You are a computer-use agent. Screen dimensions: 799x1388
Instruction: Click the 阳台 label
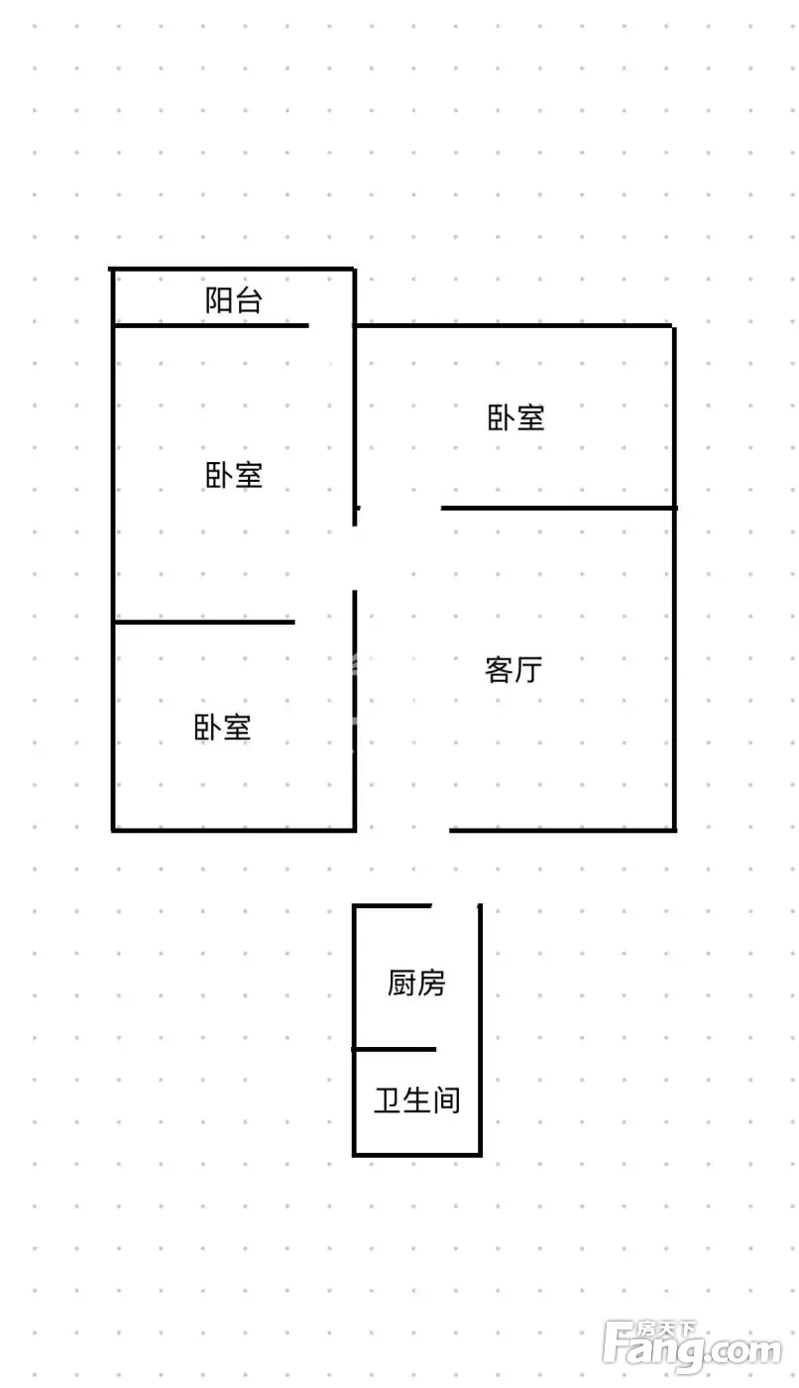234,300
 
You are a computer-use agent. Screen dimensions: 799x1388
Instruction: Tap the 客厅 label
514,670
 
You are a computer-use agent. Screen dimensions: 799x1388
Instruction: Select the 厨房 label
416,983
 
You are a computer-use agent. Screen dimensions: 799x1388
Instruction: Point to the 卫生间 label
416,1100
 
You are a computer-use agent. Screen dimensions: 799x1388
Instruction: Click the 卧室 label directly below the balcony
234,475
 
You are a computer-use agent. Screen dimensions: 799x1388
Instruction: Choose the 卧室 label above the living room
515,417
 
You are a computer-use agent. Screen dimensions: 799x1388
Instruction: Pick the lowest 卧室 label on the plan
222,728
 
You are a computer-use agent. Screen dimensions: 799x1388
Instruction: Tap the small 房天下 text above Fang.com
666,1329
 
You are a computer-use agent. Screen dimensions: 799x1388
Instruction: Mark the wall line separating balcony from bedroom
211,325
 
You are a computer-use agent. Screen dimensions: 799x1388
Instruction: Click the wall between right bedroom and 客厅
559,508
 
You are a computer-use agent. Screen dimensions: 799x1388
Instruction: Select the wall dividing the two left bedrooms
204,622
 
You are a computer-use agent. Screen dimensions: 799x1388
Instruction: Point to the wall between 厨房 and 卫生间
395,1049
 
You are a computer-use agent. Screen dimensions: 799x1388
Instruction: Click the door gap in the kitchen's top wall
455,906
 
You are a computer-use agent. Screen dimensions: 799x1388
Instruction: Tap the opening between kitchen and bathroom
458,1049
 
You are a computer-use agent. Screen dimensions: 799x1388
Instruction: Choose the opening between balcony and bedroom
331,325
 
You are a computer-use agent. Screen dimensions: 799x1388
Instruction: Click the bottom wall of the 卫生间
416,1154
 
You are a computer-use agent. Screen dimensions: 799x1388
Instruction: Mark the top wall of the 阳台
232,269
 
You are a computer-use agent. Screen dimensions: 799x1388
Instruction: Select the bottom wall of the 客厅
562,830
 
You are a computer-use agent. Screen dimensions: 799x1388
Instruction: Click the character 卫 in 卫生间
388,1100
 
